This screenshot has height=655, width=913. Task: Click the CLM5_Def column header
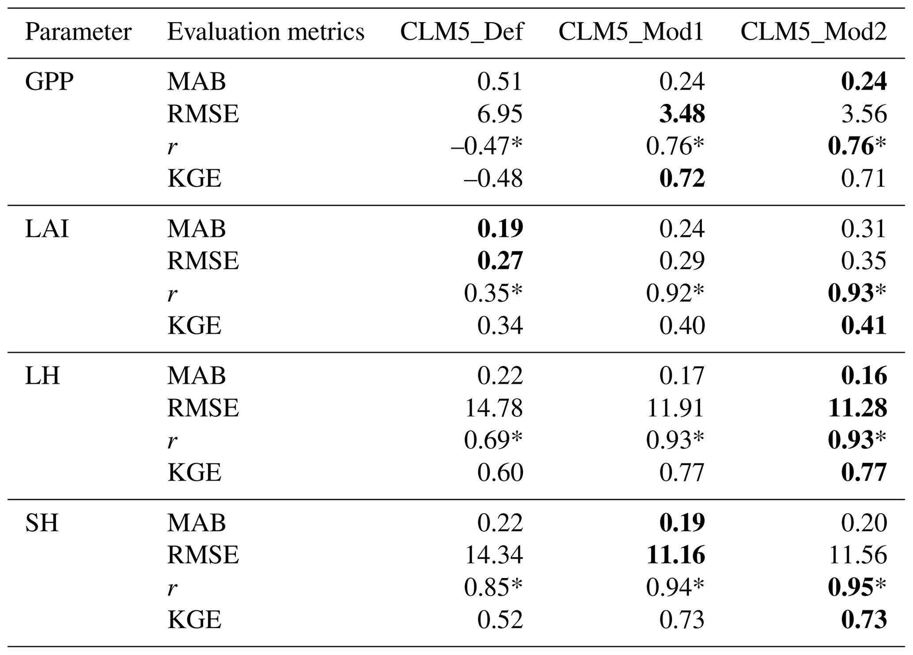coord(462,32)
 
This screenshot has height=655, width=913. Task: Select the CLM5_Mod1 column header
coord(631,32)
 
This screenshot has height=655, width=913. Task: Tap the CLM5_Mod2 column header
coord(814,32)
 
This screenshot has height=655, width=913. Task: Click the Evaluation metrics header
coord(265,32)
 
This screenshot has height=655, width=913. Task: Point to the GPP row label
coord(49,82)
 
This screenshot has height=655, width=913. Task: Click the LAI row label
coord(47,229)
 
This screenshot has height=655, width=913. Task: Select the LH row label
coord(42,376)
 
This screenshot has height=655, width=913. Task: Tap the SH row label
coord(42,523)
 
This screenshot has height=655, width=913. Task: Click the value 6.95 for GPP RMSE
coord(500,114)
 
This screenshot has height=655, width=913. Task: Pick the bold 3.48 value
coord(682,114)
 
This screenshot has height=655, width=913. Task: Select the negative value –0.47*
coord(486,146)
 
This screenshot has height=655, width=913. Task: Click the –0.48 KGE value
coord(486,179)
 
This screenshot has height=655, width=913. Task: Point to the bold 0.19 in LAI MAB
coord(500,229)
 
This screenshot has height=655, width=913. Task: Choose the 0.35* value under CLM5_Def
coord(493,293)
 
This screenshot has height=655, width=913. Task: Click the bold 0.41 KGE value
coord(864,326)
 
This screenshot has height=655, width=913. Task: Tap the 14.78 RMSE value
coord(494,408)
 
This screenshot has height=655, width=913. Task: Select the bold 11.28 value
coord(857,408)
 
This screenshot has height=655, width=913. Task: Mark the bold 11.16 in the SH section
coord(675,555)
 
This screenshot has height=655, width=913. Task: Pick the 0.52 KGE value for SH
coord(500,620)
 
